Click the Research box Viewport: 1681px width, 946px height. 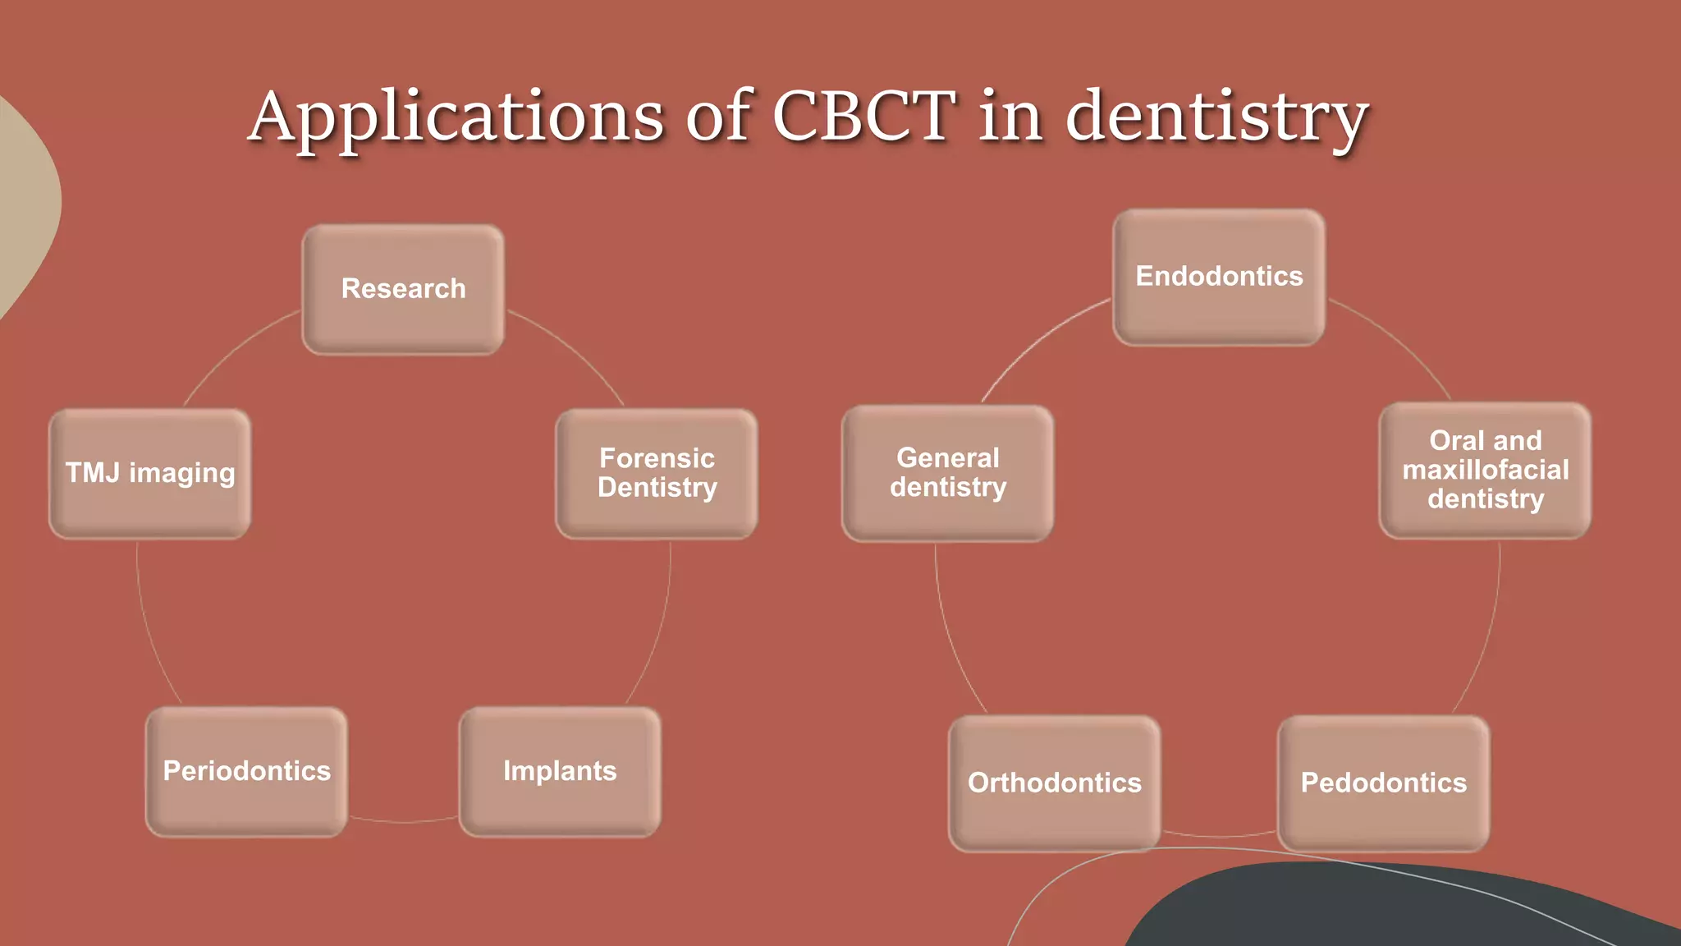click(403, 289)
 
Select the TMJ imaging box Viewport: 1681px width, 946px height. click(150, 473)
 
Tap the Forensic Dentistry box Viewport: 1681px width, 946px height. click(657, 473)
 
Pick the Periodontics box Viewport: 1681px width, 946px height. click(246, 771)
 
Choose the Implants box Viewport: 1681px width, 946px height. click(560, 771)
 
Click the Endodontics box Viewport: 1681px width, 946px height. click(1219, 277)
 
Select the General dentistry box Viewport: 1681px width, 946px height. click(948, 473)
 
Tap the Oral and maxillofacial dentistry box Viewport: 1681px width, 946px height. click(1485, 470)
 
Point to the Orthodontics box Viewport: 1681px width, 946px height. click(1055, 783)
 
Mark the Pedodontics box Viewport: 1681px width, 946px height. click(1384, 783)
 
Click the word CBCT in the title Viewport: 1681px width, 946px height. click(863, 116)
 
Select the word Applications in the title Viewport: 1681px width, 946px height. click(456, 117)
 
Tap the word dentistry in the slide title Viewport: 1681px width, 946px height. click(1216, 117)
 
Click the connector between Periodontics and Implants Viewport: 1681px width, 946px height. click(403, 820)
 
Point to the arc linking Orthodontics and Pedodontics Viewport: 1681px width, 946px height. click(1219, 836)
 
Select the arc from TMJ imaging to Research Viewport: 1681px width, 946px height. click(234, 348)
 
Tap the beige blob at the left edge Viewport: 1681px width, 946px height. click(25, 205)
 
